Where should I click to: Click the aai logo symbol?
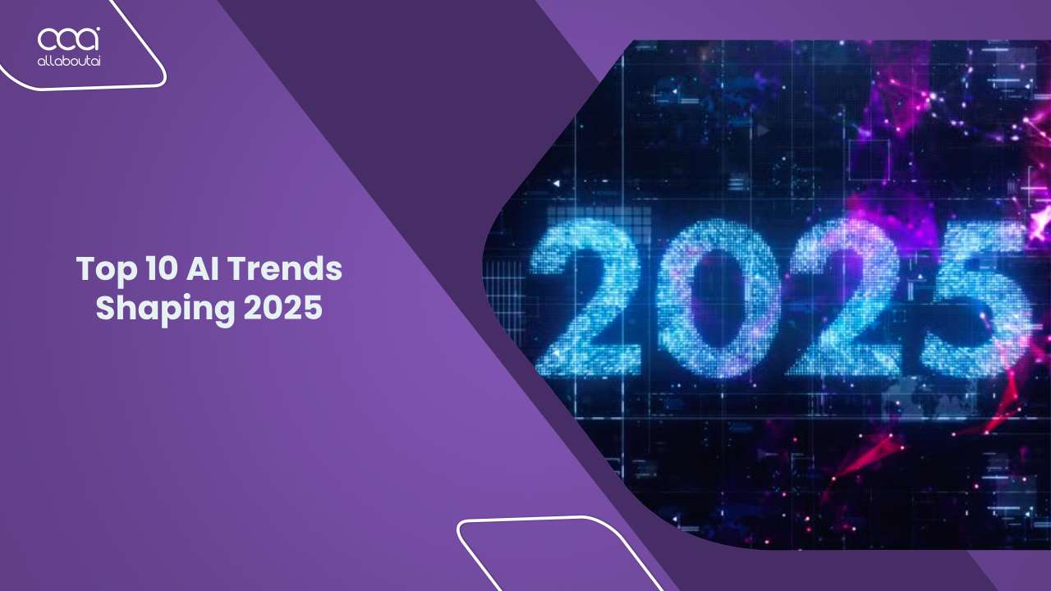68,39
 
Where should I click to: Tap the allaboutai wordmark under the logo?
68,60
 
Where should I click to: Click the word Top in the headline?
104,269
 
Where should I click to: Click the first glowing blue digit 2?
586,300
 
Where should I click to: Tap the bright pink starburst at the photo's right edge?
1040,218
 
